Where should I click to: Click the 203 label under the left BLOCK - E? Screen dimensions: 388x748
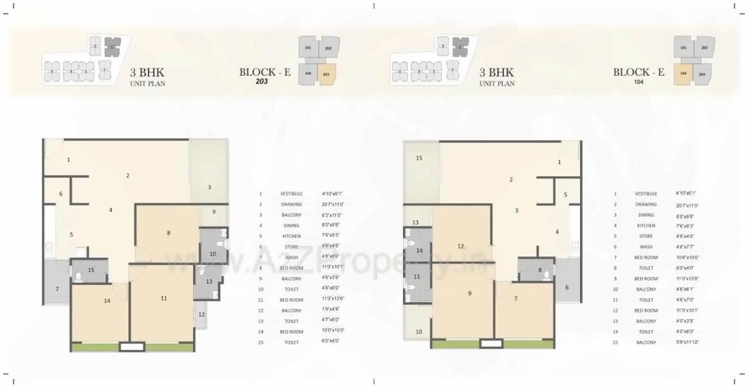coord(261,82)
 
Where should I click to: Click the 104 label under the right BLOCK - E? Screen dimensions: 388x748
coord(639,82)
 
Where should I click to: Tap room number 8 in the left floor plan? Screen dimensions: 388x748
coord(169,233)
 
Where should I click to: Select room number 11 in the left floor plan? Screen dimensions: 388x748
coord(164,298)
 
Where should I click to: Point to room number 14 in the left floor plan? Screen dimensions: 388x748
coord(107,300)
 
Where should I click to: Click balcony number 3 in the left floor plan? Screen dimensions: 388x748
coord(209,187)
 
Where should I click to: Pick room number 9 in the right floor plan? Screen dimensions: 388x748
coord(469,293)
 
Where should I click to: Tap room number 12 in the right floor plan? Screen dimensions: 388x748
coord(460,246)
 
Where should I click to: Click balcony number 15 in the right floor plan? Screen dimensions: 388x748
coord(419,158)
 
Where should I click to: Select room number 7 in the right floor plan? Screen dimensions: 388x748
coord(516,298)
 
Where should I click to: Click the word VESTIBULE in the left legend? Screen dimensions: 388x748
coord(291,194)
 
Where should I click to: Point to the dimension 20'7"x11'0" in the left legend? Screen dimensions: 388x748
coord(333,204)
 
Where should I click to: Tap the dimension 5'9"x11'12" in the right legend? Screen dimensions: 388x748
coord(688,342)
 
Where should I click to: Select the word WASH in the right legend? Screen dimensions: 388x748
coord(646,247)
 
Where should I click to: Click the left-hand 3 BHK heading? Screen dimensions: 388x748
coord(147,73)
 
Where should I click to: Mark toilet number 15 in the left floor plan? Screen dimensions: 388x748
coord(91,270)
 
